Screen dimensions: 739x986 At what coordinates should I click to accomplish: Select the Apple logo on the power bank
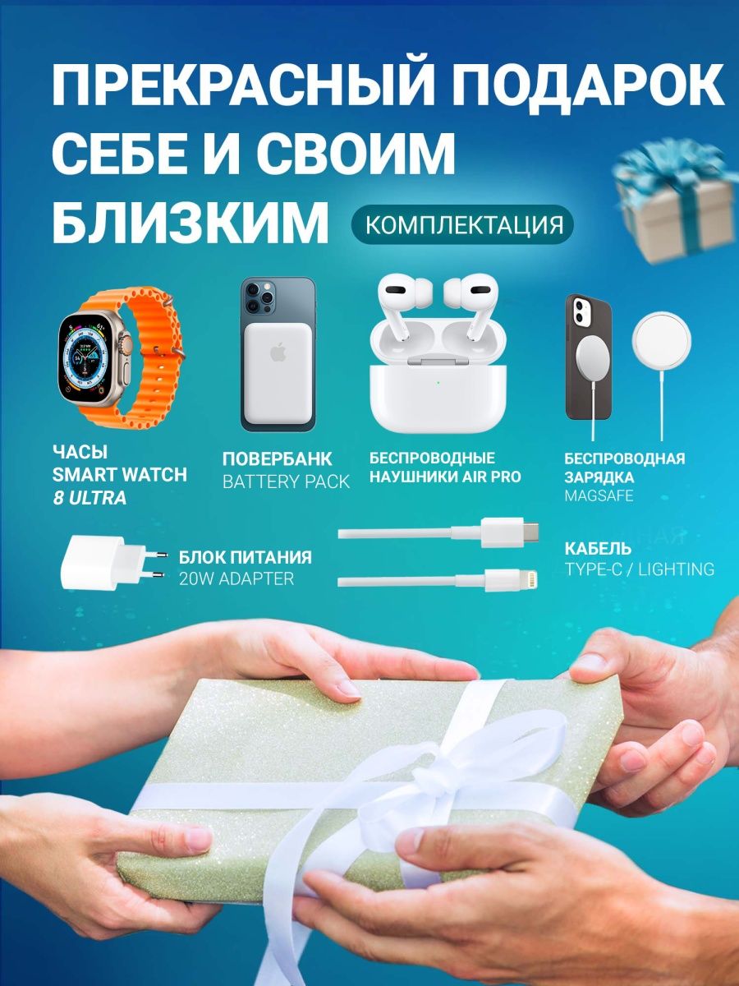(278, 352)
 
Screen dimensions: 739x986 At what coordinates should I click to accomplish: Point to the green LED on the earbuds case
(438, 383)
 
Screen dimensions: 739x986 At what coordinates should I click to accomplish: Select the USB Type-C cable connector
(509, 532)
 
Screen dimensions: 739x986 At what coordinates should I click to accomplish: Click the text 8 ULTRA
(90, 498)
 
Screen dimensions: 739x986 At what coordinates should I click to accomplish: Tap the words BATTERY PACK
(286, 482)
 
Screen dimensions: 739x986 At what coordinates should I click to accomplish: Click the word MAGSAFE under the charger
(599, 496)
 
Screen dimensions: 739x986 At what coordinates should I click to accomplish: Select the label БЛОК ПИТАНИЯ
(245, 557)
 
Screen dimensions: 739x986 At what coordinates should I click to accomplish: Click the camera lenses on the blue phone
(260, 296)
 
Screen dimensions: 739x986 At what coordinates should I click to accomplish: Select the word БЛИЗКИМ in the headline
(190, 222)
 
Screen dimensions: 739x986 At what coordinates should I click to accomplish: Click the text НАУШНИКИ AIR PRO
(445, 477)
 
